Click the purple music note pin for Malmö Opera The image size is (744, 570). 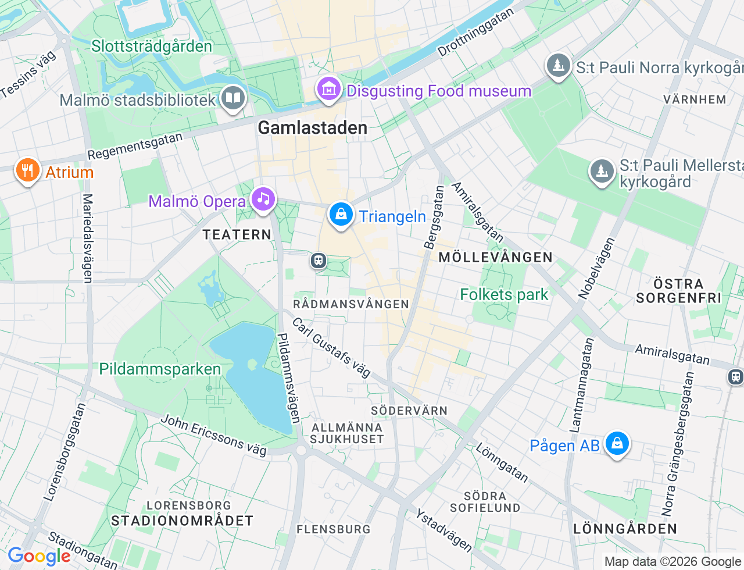pyautogui.click(x=263, y=199)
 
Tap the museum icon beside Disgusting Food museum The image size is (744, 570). pyautogui.click(x=329, y=90)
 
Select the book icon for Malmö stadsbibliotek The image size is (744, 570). pyautogui.click(x=233, y=98)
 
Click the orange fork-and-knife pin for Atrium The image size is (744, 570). pyautogui.click(x=27, y=171)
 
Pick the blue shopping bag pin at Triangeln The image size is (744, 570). pyautogui.click(x=341, y=215)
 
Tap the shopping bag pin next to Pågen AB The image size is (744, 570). pyautogui.click(x=617, y=444)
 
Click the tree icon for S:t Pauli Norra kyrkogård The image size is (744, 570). pyautogui.click(x=559, y=66)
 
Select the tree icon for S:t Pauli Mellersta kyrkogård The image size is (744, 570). pyautogui.click(x=602, y=172)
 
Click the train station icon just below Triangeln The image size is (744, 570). pyautogui.click(x=318, y=260)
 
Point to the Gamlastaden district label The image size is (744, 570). pyautogui.click(x=312, y=128)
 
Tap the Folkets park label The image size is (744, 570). pyautogui.click(x=504, y=295)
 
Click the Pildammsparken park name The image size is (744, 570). pyautogui.click(x=160, y=369)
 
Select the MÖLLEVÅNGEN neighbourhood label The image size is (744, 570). pyautogui.click(x=495, y=257)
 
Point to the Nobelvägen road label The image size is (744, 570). pyautogui.click(x=596, y=268)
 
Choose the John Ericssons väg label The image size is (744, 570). pyautogui.click(x=213, y=435)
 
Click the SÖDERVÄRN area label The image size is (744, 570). pyautogui.click(x=409, y=411)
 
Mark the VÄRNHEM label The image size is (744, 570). pyautogui.click(x=695, y=99)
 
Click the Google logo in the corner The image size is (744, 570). pyautogui.click(x=39, y=557)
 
